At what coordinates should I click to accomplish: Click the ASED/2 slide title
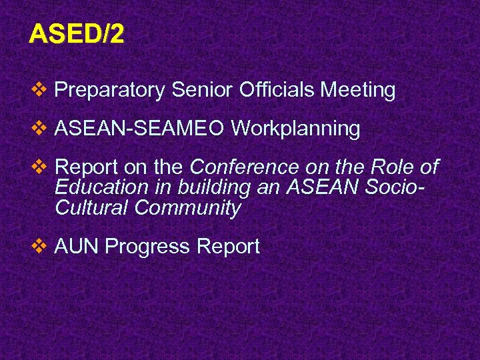coord(76,34)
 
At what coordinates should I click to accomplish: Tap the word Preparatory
coord(109,90)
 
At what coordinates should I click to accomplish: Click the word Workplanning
coord(296,129)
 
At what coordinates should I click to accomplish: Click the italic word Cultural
coord(92,208)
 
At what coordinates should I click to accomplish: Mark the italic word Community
coord(187,209)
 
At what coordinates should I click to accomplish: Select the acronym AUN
coord(77,247)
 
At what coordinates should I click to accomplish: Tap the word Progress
coord(148,247)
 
